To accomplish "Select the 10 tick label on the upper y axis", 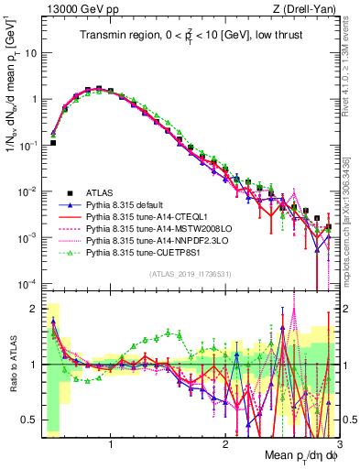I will (30, 53).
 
